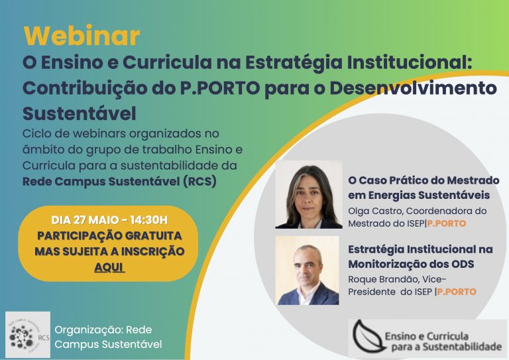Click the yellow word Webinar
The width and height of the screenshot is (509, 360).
click(x=82, y=35)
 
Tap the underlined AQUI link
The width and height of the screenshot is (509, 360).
click(x=109, y=267)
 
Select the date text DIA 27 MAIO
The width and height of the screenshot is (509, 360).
click(x=85, y=219)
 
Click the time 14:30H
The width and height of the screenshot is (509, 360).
click(x=149, y=219)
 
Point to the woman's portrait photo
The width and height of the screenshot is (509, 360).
click(x=309, y=194)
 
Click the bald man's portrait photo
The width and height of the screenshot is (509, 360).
click(x=307, y=270)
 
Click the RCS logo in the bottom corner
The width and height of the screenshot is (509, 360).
click(x=28, y=335)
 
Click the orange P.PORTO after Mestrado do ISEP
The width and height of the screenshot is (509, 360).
click(x=446, y=223)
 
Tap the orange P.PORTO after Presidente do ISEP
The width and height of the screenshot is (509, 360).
click(x=457, y=292)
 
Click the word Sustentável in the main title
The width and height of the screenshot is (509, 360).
click(x=80, y=113)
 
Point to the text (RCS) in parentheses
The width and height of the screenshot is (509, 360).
click(x=199, y=181)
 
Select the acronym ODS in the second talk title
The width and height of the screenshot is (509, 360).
click(x=463, y=264)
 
